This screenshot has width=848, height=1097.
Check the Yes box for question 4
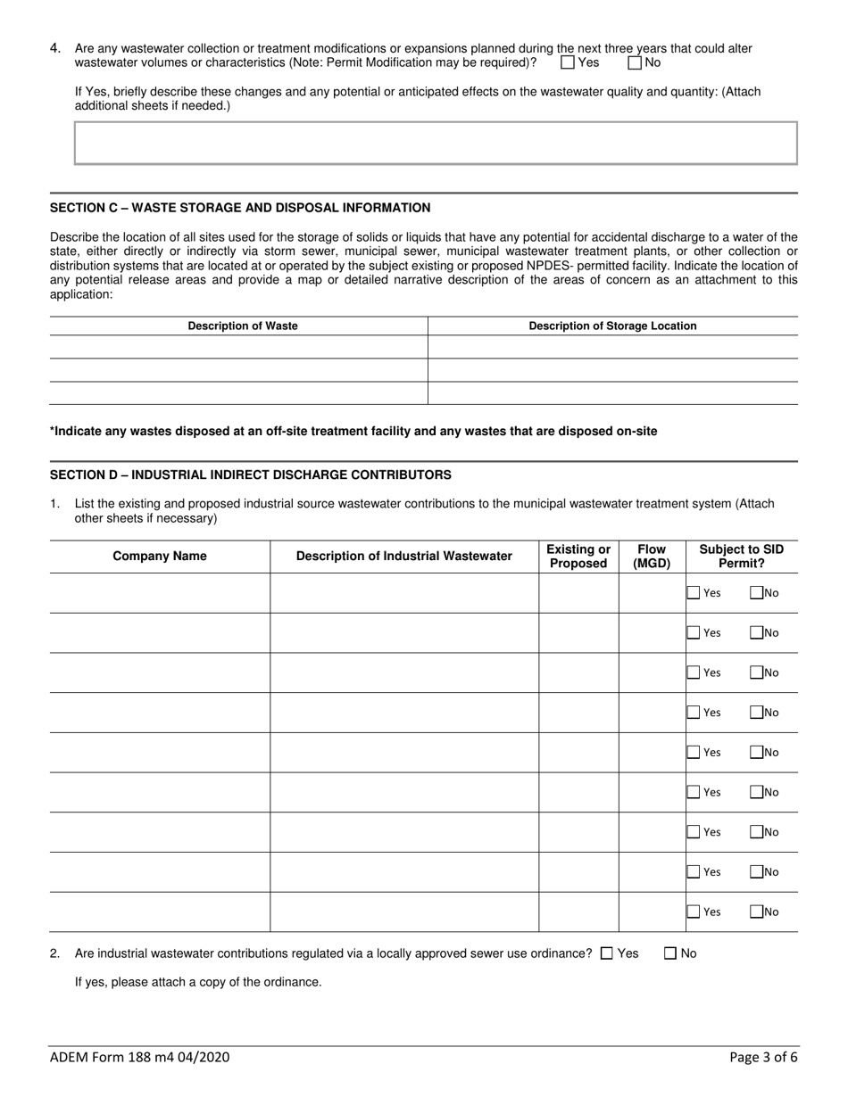(568, 63)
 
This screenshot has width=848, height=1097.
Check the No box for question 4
(635, 63)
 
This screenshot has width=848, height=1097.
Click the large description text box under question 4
(436, 144)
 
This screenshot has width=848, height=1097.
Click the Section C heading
(240, 208)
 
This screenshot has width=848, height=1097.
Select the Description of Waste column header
(243, 326)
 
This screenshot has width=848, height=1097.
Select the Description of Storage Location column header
(612, 326)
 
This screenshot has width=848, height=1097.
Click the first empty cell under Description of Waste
(238, 347)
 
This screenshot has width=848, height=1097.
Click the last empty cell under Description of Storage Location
(612, 393)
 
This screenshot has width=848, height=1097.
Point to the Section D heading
(250, 474)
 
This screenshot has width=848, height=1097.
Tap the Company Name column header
(160, 557)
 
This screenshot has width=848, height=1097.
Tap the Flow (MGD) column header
(652, 557)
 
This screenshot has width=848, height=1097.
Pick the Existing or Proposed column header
(578, 557)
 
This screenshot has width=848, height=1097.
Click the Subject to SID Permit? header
(741, 557)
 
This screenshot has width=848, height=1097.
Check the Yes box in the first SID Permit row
(694, 592)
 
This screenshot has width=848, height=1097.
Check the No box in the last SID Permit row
(756, 911)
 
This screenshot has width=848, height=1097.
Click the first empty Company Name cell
(160, 593)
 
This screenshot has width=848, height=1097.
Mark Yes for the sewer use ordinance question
(607, 953)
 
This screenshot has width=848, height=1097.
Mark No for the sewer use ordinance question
(670, 953)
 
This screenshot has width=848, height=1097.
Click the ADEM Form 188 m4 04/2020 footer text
(140, 1058)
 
